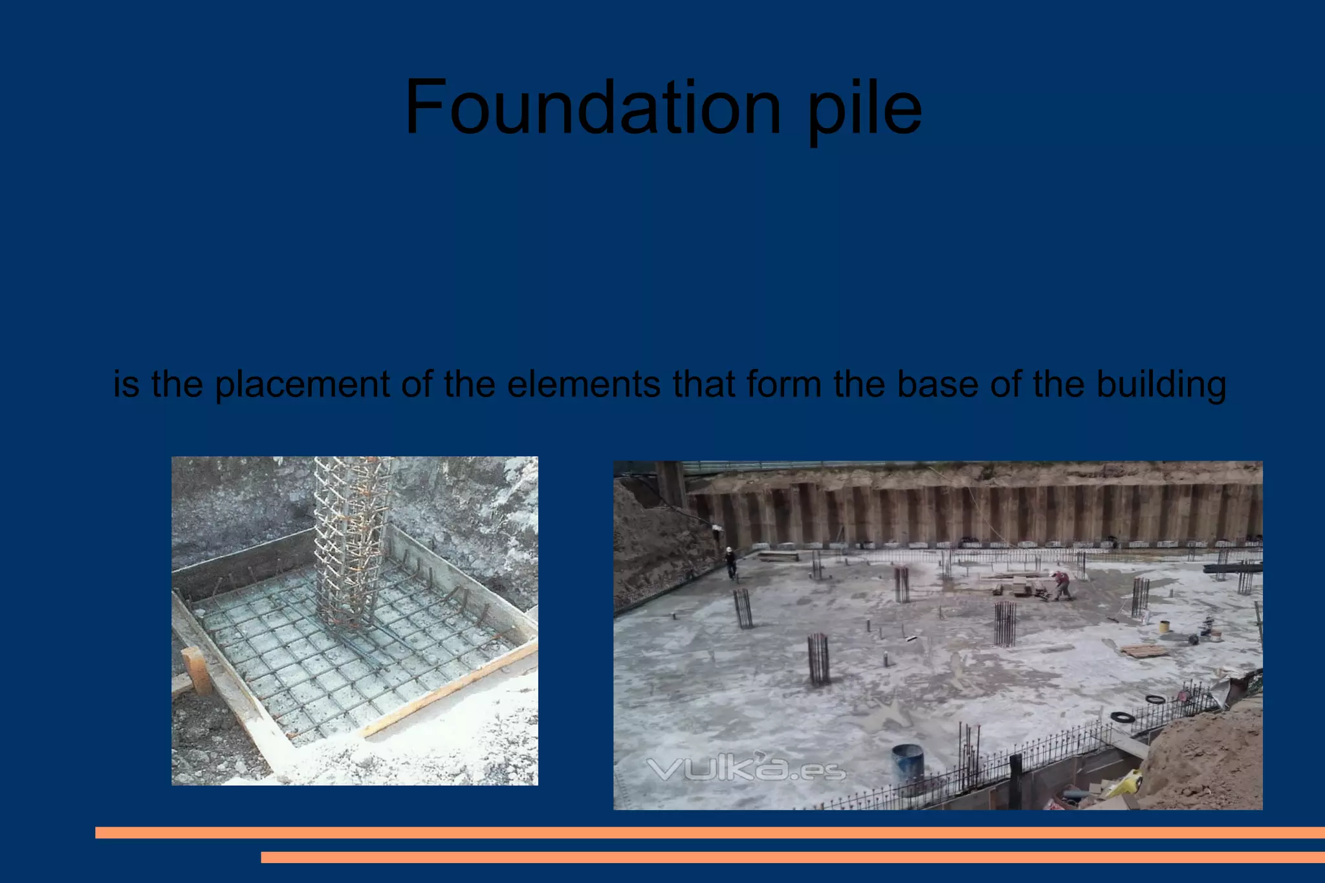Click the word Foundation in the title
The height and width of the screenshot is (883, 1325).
pyautogui.click(x=593, y=107)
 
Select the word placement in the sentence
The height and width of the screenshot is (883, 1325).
pyautogui.click(x=302, y=384)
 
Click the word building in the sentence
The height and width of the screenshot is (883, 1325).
pyautogui.click(x=1161, y=384)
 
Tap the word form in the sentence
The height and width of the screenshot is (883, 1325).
pyautogui.click(x=783, y=384)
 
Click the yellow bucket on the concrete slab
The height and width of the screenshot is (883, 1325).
pyautogui.click(x=1163, y=626)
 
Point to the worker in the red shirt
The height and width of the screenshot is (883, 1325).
pyautogui.click(x=1062, y=584)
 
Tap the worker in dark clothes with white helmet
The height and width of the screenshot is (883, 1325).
pyautogui.click(x=730, y=562)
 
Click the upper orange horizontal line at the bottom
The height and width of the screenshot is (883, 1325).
pyautogui.click(x=710, y=833)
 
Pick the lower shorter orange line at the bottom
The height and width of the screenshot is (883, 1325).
pyautogui.click(x=793, y=857)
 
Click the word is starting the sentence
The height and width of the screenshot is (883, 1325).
pyautogui.click(x=126, y=384)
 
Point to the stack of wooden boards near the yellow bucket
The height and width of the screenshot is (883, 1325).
pyautogui.click(x=1144, y=649)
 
